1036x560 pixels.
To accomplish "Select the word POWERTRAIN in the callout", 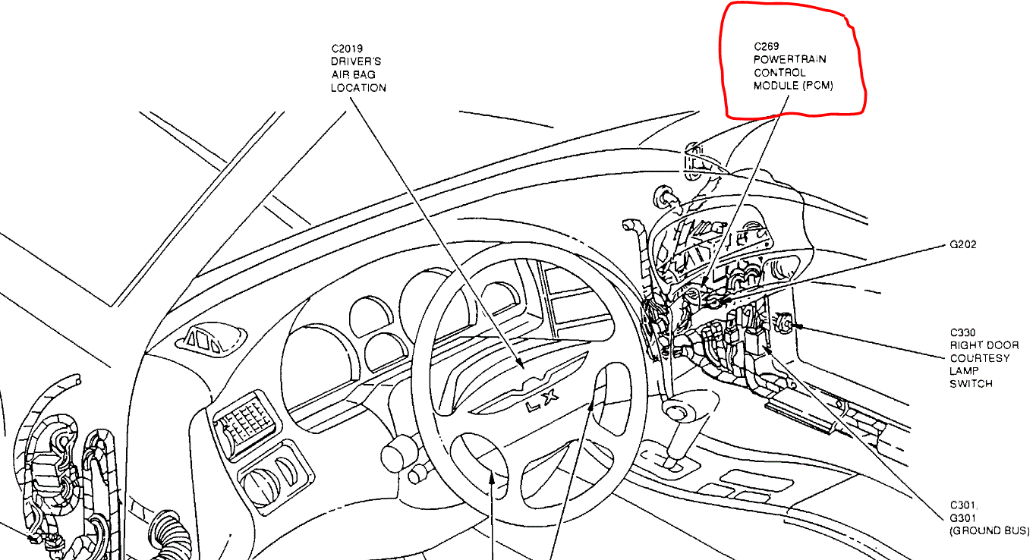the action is tap(790, 59).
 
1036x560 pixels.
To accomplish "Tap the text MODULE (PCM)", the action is tap(793, 86).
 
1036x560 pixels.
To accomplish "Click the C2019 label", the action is tap(347, 49).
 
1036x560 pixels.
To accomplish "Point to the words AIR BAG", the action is tap(353, 74).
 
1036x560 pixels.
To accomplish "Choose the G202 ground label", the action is tap(962, 245).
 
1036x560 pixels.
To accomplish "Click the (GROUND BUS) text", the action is tap(989, 531).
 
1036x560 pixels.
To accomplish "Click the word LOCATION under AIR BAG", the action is tap(358, 87).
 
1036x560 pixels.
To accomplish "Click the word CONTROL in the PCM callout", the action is tap(779, 72).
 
